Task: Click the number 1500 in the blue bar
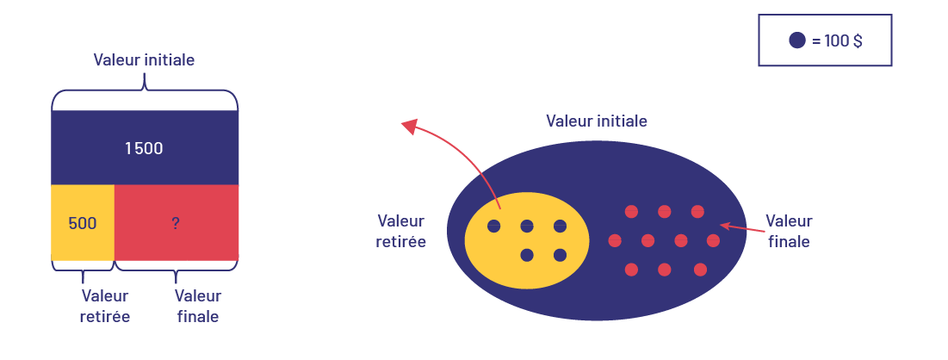click(x=144, y=148)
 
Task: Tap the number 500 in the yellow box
click(x=82, y=223)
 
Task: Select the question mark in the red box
click(x=176, y=223)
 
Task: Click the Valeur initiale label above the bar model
click(x=144, y=60)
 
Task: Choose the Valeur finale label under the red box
click(x=198, y=306)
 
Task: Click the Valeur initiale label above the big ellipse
click(x=597, y=121)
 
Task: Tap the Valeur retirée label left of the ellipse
click(x=401, y=231)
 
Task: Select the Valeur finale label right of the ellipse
click(x=788, y=231)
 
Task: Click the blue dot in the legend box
click(x=797, y=40)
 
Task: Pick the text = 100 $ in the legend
click(x=837, y=40)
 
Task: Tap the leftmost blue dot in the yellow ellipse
click(x=494, y=227)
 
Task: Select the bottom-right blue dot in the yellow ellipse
click(x=560, y=255)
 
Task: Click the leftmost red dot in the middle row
click(x=615, y=240)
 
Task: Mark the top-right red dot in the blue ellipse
click(x=697, y=211)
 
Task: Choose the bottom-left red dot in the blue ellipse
click(x=631, y=270)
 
